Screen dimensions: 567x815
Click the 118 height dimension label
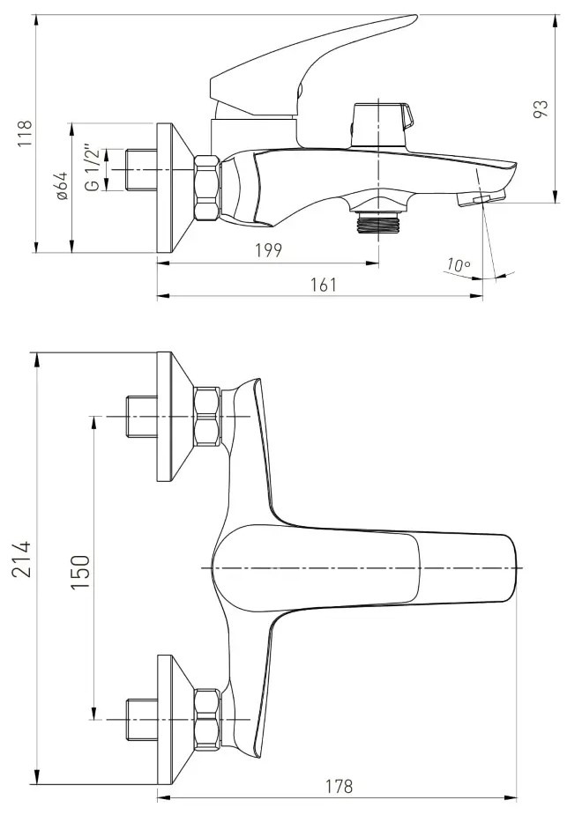click(25, 133)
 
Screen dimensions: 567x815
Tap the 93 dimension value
click(541, 108)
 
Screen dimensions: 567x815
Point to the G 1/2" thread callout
click(92, 170)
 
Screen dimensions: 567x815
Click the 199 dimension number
click(268, 250)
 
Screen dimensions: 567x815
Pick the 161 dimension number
click(324, 285)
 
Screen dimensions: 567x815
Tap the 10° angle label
click(459, 265)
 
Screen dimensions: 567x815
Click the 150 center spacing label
click(79, 572)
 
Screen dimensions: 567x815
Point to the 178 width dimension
click(338, 787)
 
